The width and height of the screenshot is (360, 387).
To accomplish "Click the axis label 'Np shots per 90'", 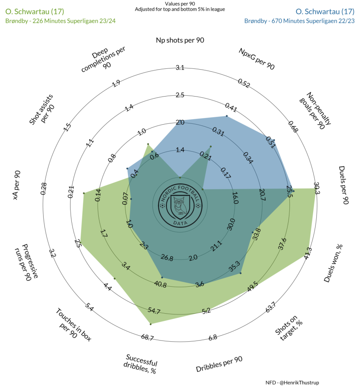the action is click(180, 40).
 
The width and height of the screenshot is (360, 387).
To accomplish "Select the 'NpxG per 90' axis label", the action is click(257, 59).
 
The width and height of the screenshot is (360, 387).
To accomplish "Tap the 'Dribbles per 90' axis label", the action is click(219, 364).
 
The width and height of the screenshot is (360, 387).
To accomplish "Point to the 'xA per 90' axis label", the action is click(17, 185).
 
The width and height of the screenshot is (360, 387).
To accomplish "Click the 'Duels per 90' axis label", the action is click(343, 185).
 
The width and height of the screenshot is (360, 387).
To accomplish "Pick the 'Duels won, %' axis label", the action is click(333, 263).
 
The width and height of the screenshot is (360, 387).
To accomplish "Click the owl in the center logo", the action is click(180, 206).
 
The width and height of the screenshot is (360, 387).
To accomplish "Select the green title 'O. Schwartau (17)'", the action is click(35, 11).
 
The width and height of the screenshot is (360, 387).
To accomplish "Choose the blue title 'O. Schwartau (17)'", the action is click(325, 11).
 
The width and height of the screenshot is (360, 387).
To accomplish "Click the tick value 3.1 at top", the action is click(180, 67).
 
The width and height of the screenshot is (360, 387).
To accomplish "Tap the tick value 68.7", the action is click(147, 337).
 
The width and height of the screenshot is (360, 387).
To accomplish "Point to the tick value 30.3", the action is click(317, 188).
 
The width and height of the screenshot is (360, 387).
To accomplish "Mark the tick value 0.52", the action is click(244, 83).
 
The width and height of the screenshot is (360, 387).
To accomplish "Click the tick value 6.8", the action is click(213, 337).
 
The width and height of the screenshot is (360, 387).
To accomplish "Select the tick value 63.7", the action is click(271, 307).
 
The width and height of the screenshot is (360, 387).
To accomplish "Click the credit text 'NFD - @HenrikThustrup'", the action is click(292, 383).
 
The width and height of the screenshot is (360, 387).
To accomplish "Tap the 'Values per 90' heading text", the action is click(180, 4).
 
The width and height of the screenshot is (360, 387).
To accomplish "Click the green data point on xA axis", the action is click(84, 193).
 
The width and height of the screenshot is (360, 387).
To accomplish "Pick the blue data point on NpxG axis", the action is click(227, 116).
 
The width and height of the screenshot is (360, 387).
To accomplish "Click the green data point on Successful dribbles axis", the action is click(151, 324).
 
